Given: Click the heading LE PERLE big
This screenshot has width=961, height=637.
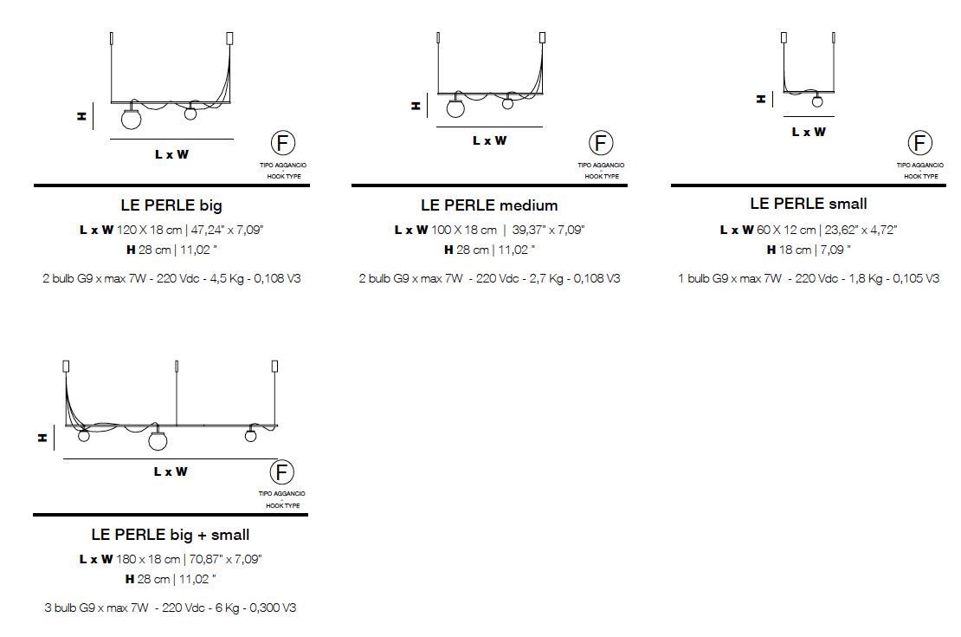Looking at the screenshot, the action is click(x=171, y=205).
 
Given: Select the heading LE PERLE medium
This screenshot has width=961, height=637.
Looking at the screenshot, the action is click(x=489, y=205).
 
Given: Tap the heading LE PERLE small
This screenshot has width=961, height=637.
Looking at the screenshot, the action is click(x=809, y=204).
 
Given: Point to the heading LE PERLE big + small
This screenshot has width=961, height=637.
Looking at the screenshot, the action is click(x=171, y=535).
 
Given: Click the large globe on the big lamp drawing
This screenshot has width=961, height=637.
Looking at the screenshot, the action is click(x=131, y=119).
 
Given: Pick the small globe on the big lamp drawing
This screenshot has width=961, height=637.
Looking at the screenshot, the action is click(x=190, y=113).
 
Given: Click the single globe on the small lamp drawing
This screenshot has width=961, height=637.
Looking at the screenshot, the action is click(x=817, y=101).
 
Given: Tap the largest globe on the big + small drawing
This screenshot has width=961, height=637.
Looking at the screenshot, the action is click(x=158, y=440).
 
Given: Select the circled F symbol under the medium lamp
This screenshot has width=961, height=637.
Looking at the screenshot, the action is click(x=601, y=143).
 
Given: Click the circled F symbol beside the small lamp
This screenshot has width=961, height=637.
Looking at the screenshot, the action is click(x=919, y=143).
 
